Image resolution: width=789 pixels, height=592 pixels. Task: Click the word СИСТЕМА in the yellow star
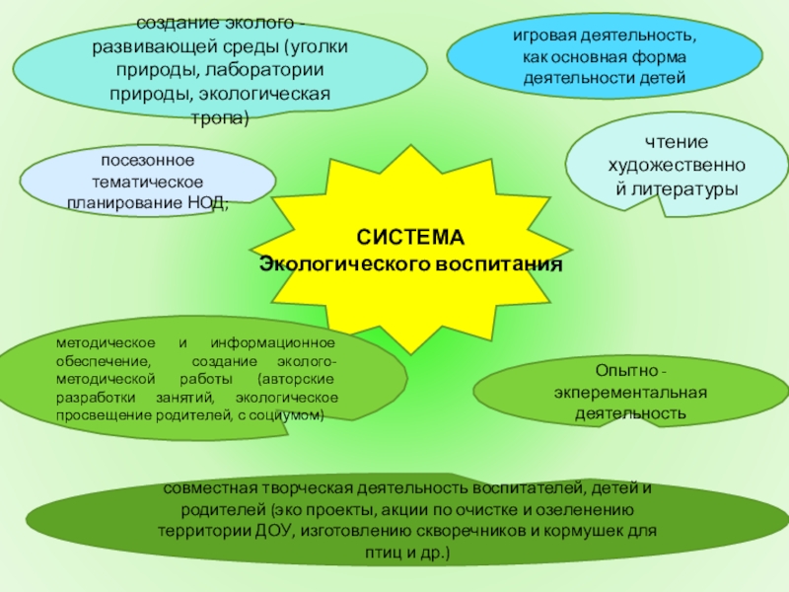[x=409, y=239]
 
